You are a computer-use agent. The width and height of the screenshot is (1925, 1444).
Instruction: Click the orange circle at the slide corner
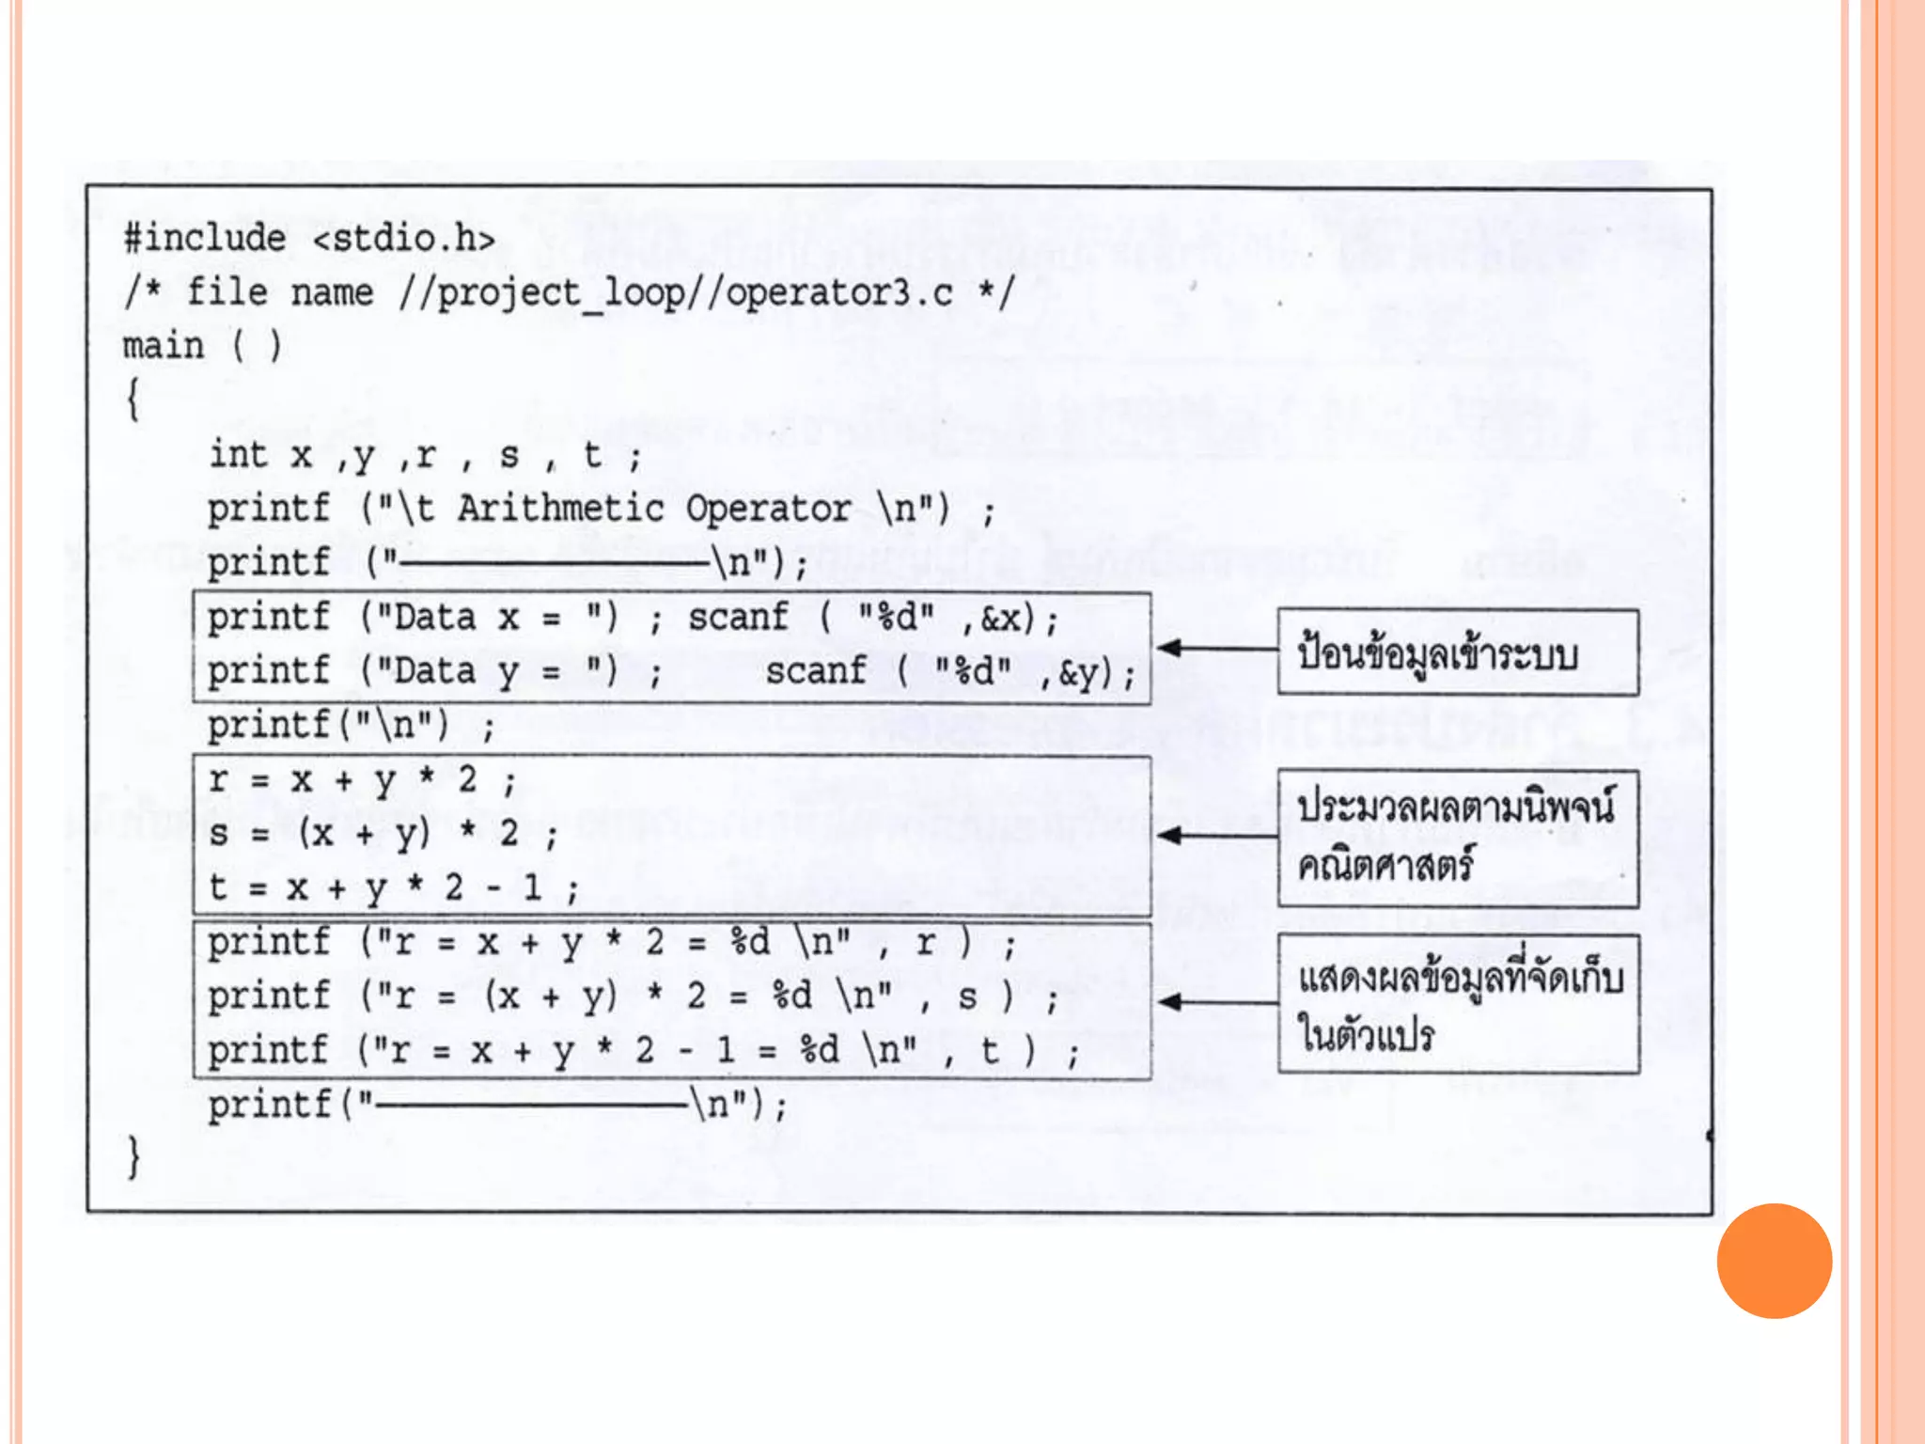click(1774, 1261)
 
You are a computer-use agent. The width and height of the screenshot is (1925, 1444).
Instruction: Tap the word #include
click(205, 239)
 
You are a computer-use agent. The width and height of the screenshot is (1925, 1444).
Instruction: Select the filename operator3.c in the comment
click(839, 293)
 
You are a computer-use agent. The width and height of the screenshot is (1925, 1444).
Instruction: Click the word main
click(163, 347)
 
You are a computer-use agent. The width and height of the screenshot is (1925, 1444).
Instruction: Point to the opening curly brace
click(133, 400)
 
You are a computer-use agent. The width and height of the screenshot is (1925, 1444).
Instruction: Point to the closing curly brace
click(133, 1156)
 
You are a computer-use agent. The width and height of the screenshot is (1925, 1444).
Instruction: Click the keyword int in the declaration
click(238, 455)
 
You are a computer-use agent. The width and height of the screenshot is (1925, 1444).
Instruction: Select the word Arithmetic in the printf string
click(561, 510)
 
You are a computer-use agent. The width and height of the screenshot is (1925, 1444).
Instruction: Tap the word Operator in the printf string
click(768, 510)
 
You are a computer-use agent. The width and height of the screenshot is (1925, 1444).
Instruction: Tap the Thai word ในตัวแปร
click(1367, 1034)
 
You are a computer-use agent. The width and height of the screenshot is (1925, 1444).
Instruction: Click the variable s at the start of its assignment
click(219, 834)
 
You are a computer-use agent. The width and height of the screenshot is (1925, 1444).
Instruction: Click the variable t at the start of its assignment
click(218, 887)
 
